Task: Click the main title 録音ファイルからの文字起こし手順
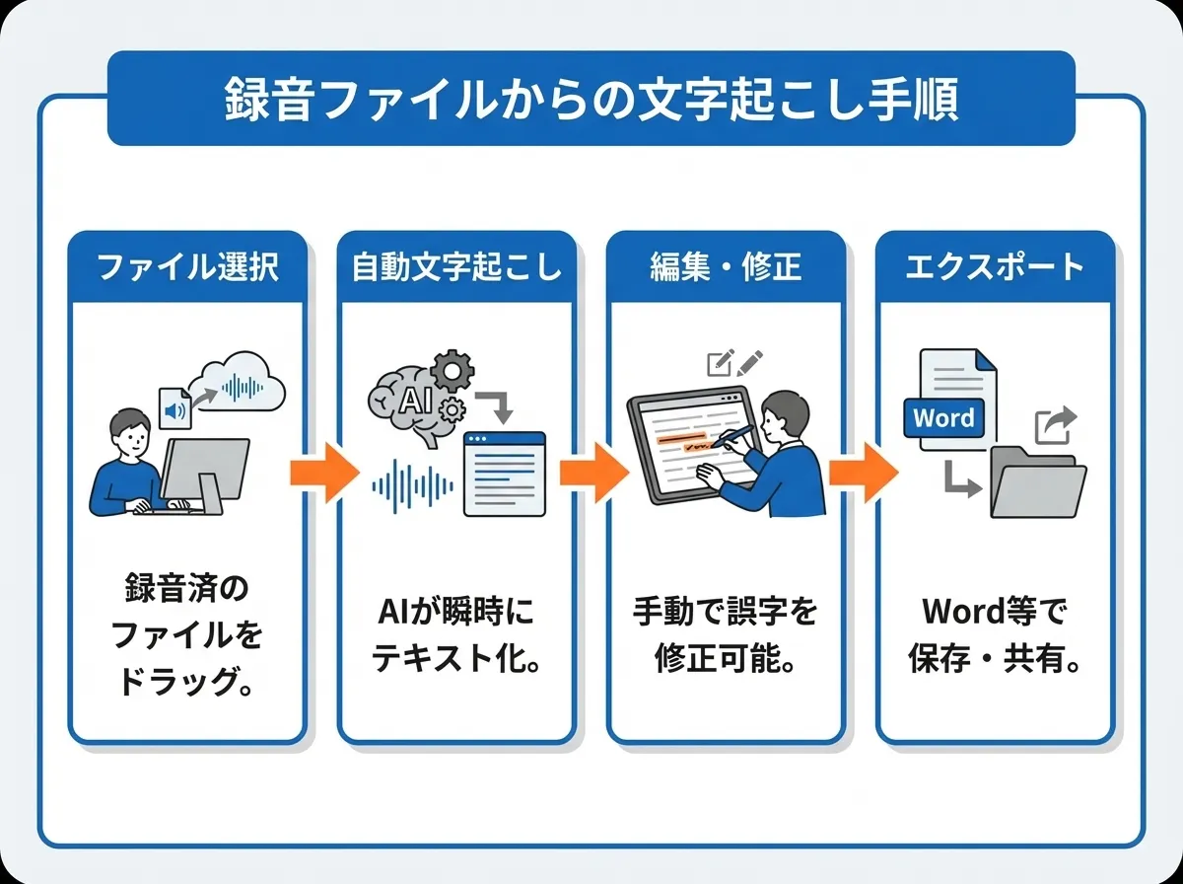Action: (x=591, y=99)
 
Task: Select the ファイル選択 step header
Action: (x=186, y=266)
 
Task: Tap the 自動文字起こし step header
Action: (x=455, y=266)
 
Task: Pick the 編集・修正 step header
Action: (x=726, y=266)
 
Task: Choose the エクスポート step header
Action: (x=995, y=266)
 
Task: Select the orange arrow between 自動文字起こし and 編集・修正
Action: (x=592, y=473)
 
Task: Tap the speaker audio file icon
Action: (x=174, y=406)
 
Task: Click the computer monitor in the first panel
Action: (x=204, y=471)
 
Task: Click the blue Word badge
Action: (x=943, y=417)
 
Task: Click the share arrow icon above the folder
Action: (x=1054, y=425)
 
